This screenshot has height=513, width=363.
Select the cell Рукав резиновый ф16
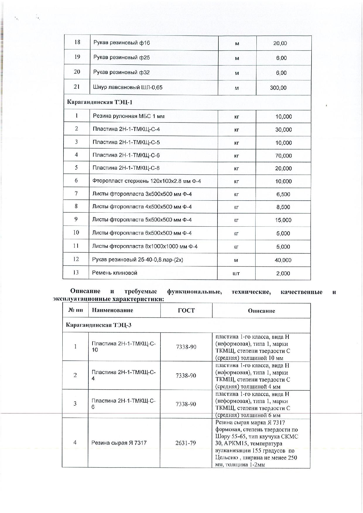121,43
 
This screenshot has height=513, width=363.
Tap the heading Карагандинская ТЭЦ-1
100,102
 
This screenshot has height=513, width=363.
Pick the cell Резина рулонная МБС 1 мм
129,116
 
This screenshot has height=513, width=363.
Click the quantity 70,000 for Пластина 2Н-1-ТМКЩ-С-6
283,156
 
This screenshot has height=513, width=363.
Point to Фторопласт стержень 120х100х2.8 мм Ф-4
146,181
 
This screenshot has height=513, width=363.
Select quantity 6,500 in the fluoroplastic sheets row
283,194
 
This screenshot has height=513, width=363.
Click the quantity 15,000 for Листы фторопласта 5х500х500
283,220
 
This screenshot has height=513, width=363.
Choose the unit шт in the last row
236,273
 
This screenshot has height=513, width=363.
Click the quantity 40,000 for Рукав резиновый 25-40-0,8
283,260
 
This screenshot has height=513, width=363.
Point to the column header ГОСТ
186,310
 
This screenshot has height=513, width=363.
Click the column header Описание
261,311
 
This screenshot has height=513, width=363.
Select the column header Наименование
112,310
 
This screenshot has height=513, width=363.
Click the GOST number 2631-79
186,443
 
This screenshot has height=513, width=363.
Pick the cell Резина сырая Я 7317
119,443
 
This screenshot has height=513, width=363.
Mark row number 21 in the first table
77,87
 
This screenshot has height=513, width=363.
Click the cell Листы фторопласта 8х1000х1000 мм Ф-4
145,246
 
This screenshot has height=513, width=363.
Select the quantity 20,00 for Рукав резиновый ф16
280,43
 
